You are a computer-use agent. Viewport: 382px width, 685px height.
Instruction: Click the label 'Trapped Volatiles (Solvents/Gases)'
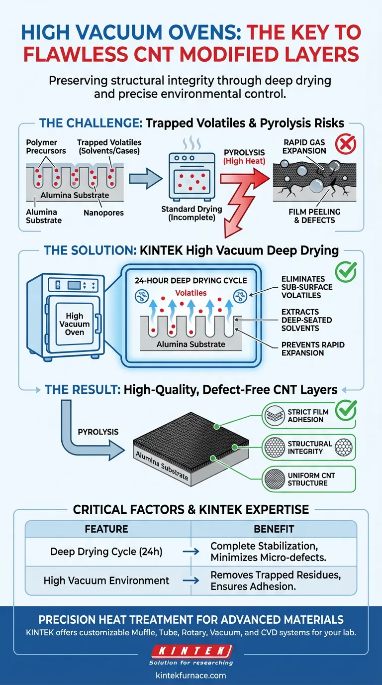[x=109, y=146]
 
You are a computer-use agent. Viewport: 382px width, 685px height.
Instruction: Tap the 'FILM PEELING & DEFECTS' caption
[x=314, y=216]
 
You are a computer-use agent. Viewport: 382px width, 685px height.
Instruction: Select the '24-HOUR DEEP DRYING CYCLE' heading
[x=191, y=280]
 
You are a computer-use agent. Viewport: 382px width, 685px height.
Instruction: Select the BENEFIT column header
[x=274, y=529]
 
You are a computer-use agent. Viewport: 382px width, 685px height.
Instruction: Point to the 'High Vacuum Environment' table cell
[x=106, y=580]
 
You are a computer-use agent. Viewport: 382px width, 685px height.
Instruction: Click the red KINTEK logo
[x=191, y=651]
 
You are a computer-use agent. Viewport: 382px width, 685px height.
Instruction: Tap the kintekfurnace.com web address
[x=191, y=676]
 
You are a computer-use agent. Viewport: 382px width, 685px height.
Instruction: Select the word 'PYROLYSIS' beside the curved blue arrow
[x=98, y=431]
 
